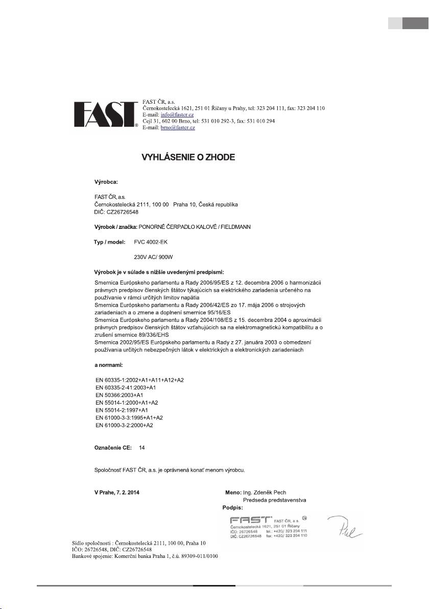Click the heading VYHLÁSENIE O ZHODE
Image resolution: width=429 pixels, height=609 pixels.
(188, 157)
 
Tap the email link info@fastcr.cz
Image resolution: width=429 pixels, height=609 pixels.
(177, 115)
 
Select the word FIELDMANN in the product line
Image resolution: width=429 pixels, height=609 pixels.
(233, 226)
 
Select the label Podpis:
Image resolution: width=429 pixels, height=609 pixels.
(233, 508)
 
